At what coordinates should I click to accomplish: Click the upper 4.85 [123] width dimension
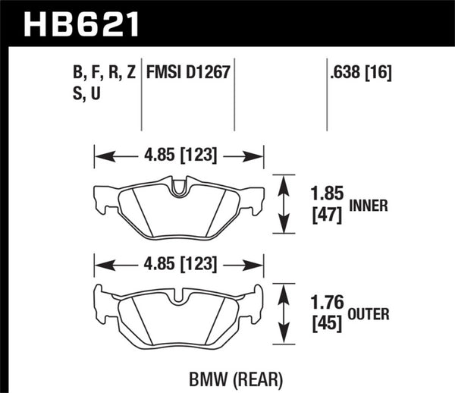coord(178,156)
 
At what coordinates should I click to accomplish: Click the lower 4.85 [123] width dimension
coord(178,264)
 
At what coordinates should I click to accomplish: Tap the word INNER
coord(370,205)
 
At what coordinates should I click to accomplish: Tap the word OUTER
coord(372,313)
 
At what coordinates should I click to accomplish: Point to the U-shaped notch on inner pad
coord(179,185)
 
